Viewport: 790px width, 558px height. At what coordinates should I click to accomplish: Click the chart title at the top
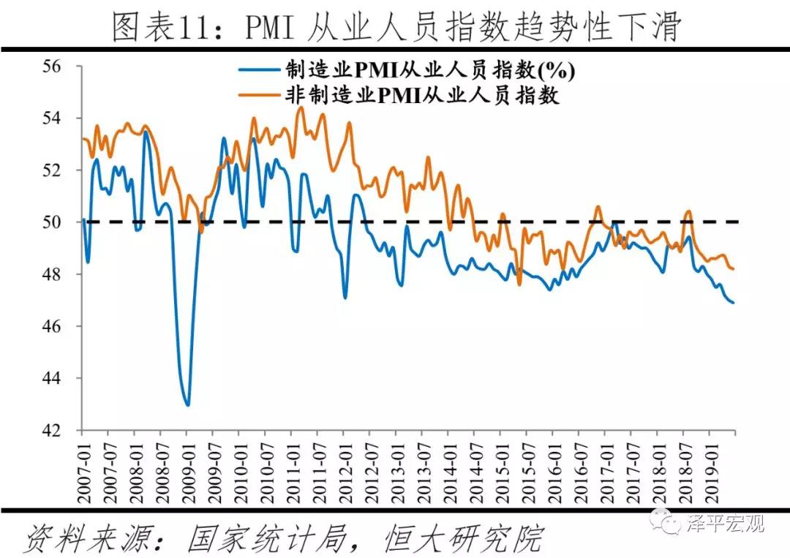pos(396,27)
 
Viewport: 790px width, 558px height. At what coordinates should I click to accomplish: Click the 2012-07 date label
pos(371,469)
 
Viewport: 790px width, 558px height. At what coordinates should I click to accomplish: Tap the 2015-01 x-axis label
pos(502,469)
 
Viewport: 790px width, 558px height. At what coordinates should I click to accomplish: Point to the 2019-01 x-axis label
pos(711,469)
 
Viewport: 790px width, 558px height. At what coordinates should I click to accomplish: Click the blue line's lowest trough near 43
pos(188,404)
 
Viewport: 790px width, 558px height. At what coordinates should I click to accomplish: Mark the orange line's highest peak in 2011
pos(300,108)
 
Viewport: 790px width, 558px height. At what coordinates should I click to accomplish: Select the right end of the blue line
pos(734,302)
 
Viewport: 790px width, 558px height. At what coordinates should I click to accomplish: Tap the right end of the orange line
pos(733,269)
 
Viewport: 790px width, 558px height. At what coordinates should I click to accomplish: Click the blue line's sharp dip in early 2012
pos(345,298)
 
